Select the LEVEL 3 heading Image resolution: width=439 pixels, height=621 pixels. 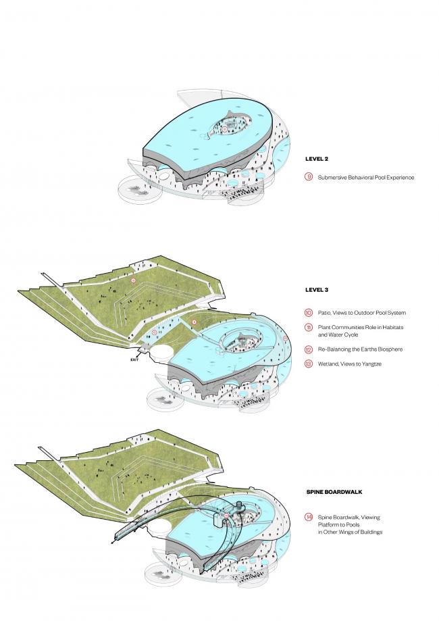click(x=316, y=290)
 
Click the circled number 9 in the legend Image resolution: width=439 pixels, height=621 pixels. click(x=309, y=178)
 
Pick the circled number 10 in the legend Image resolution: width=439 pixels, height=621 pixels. click(x=309, y=312)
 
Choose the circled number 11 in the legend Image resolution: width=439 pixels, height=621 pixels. click(x=309, y=327)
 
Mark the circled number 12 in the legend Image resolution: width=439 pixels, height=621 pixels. click(x=309, y=350)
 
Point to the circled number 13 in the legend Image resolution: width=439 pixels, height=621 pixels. click(x=309, y=365)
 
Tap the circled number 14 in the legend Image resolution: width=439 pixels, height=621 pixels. click(x=309, y=518)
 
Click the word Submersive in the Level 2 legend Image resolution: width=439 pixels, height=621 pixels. click(x=333, y=178)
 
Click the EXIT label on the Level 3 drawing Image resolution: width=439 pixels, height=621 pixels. click(x=135, y=361)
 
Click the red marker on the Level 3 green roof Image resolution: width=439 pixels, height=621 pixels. click(x=134, y=280)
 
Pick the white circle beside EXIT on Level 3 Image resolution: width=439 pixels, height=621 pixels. click(x=161, y=353)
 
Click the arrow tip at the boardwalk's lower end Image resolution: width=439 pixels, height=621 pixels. click(x=111, y=542)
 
